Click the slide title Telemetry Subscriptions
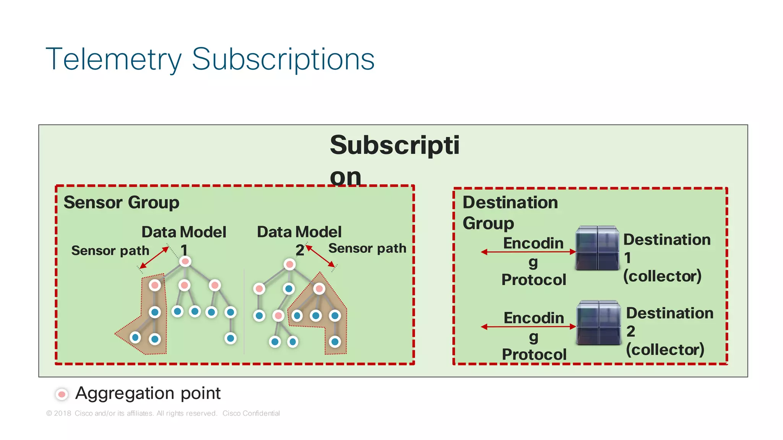click(x=210, y=59)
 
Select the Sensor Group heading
click(x=121, y=202)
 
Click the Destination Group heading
click(x=510, y=213)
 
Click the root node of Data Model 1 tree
click(x=185, y=261)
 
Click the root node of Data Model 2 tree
click(x=289, y=264)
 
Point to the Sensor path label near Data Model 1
click(x=110, y=251)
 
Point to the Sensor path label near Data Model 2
click(x=367, y=248)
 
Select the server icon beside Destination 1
click(x=597, y=248)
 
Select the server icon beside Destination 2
click(x=598, y=323)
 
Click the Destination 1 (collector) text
click(x=666, y=258)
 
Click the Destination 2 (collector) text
click(x=669, y=331)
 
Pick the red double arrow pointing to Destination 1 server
click(x=528, y=252)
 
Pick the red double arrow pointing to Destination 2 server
click(x=528, y=326)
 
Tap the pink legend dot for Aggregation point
click(x=62, y=394)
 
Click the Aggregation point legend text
click(x=148, y=393)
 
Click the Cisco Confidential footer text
click(x=251, y=413)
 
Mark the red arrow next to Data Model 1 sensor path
click(x=154, y=258)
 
